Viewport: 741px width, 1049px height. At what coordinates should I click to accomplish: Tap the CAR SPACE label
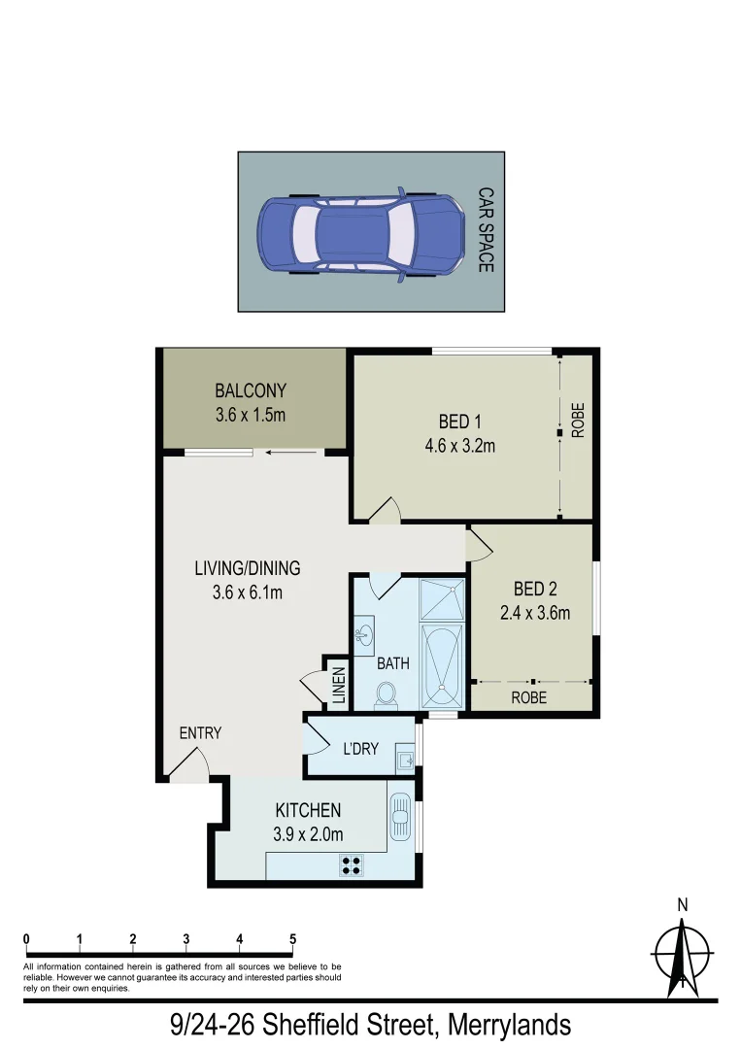485,230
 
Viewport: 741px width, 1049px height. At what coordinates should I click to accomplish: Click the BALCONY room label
251,391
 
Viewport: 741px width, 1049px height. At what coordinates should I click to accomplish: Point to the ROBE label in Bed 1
578,423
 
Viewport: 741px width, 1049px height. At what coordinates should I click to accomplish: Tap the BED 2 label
535,589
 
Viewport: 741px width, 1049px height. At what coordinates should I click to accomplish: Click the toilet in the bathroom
386,694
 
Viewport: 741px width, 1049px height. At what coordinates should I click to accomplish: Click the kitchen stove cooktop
351,863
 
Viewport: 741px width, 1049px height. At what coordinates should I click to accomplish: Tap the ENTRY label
200,733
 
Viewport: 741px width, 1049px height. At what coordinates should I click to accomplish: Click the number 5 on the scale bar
291,939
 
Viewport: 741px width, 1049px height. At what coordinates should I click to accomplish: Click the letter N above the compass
683,905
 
